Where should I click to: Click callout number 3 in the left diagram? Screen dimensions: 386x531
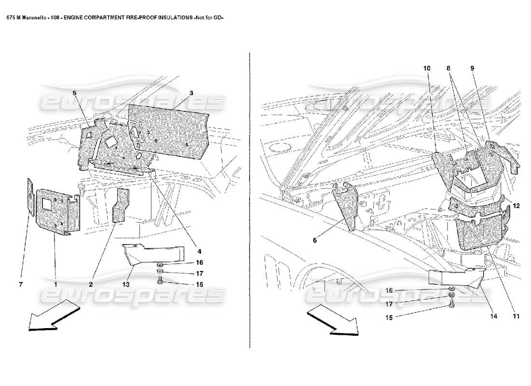(x=191, y=93)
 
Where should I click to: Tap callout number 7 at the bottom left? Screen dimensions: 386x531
(x=21, y=285)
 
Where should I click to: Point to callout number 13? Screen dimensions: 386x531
(x=126, y=285)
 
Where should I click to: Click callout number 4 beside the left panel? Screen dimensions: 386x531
(x=199, y=251)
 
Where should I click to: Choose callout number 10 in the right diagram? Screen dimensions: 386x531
(x=426, y=69)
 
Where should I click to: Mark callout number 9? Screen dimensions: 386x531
(x=473, y=69)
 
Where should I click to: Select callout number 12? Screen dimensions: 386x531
(x=516, y=206)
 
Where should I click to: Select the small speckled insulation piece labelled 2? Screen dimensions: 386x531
(x=121, y=206)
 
